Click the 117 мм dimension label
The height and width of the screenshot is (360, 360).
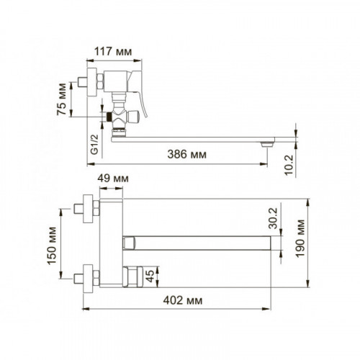pos(113,52)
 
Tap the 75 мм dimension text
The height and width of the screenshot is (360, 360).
pos(62,99)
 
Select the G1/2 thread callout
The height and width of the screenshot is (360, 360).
pos(94,144)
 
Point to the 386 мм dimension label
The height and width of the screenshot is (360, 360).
pos(186,154)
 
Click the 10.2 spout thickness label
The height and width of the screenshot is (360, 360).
pos(289,165)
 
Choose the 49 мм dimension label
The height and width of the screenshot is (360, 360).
pos(113,179)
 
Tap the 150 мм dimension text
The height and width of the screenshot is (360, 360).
pos(52,246)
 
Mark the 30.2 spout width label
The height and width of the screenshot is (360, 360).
pos(274,218)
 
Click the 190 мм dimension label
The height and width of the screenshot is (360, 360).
pos(300,238)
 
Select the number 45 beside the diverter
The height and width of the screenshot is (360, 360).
pos(150,276)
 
